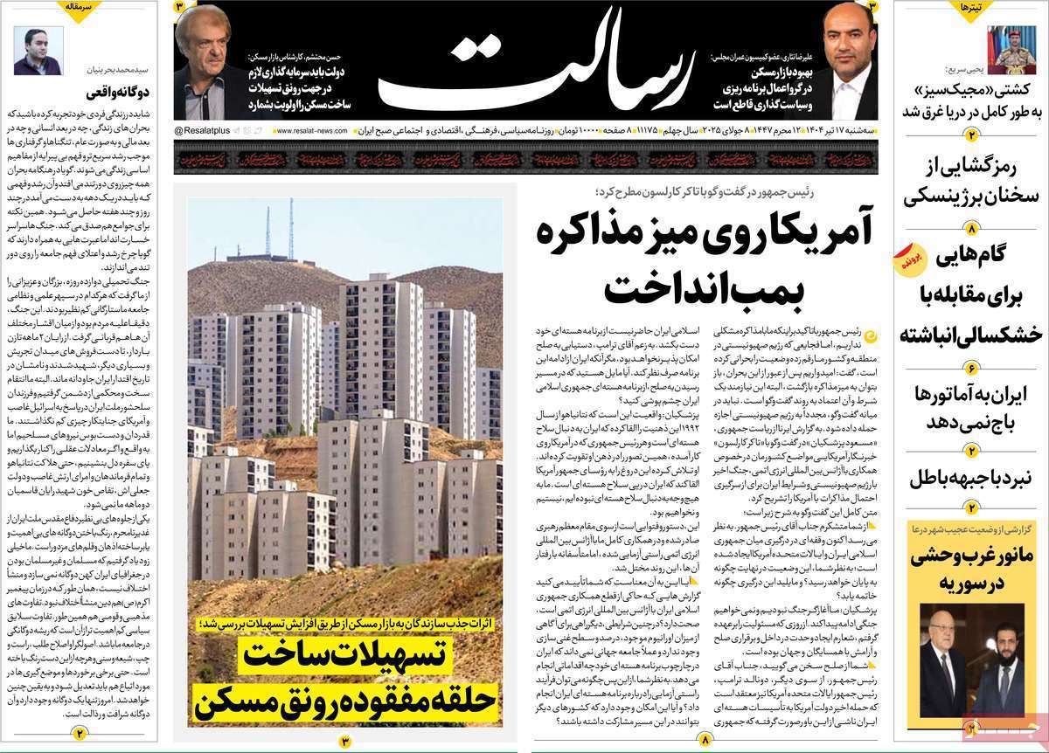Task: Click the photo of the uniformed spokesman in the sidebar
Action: pos(1011,49)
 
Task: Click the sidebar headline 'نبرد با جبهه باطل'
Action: pos(970,478)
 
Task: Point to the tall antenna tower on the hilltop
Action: pos(290,229)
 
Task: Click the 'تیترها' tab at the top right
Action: pos(972,8)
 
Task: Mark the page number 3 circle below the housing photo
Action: pos(344,741)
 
